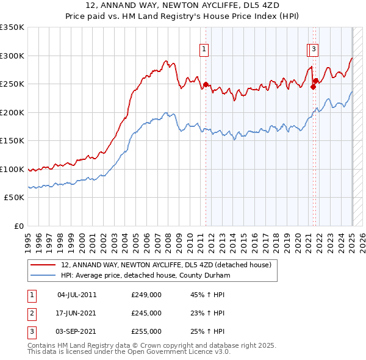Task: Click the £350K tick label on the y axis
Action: point(12,27)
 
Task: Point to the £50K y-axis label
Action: point(15,198)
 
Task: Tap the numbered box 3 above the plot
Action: point(313,50)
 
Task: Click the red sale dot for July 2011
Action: point(206,85)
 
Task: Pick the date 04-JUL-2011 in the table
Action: point(77,295)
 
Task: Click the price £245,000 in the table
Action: point(146,313)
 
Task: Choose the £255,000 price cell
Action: point(146,331)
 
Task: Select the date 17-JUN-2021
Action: point(77,313)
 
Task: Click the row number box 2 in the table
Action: point(30,313)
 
